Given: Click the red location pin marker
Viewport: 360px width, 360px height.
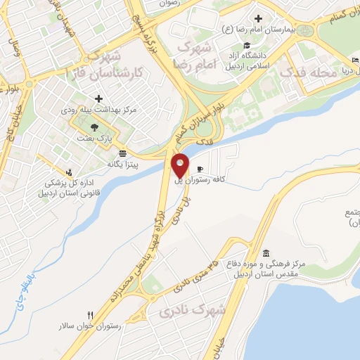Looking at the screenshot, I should [181, 165].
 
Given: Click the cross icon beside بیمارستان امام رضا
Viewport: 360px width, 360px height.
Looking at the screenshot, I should [259, 18].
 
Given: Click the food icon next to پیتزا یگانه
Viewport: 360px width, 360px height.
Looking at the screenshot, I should [123, 153].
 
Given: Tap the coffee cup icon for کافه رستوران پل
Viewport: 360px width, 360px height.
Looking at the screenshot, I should [200, 169].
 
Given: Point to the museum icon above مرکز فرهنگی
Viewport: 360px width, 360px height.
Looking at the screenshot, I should [265, 253].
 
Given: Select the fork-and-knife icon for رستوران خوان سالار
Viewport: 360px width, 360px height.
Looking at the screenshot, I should [91, 314].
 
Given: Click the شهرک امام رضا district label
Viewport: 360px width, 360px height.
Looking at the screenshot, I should [194, 53].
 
